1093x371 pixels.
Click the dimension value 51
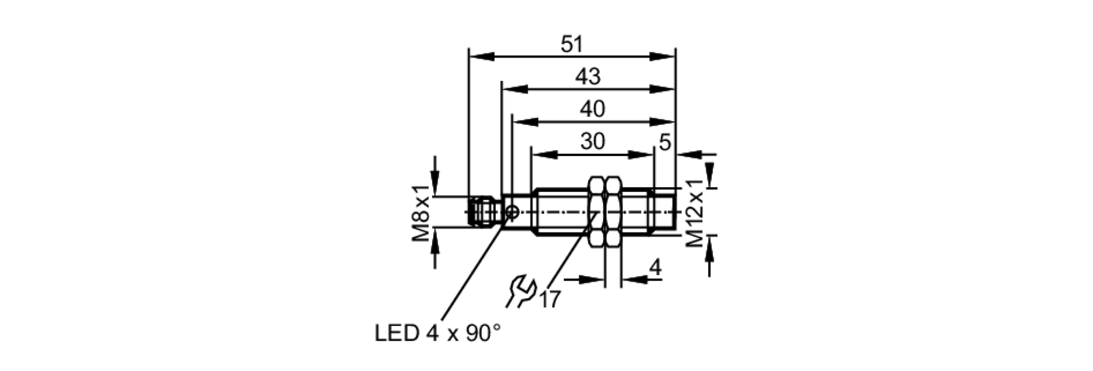pyautogui.click(x=572, y=44)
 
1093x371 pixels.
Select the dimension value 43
pyautogui.click(x=587, y=76)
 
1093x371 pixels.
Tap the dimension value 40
pyautogui.click(x=592, y=109)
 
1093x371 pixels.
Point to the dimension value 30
pyautogui.click(x=592, y=142)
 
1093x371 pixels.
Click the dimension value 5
pyautogui.click(x=665, y=143)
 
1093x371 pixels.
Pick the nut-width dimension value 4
pyautogui.click(x=655, y=267)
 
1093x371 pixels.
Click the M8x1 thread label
pyautogui.click(x=421, y=213)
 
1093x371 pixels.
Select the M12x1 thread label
pyautogui.click(x=695, y=213)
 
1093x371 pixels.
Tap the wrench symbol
pyautogui.click(x=521, y=292)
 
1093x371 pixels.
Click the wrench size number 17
pyautogui.click(x=550, y=299)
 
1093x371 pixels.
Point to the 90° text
pyautogui.click(x=483, y=333)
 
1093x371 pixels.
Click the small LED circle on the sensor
pyautogui.click(x=513, y=211)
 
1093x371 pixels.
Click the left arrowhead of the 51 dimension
pyautogui.click(x=481, y=56)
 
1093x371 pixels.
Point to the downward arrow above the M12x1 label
pyautogui.click(x=709, y=170)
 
